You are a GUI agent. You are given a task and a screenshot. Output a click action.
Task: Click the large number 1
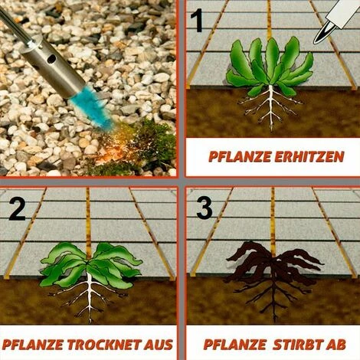[197, 20]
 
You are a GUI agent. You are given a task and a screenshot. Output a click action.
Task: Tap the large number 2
[18, 209]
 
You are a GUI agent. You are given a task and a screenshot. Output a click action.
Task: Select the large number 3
[205, 208]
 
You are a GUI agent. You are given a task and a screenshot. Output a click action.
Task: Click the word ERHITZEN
[309, 157]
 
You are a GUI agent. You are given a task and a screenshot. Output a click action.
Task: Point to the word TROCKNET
[103, 345]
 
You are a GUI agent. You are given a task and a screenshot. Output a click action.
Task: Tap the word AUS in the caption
[158, 345]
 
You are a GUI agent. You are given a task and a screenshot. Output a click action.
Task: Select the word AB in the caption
[335, 345]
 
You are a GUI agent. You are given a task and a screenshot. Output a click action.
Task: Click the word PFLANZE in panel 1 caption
[240, 157]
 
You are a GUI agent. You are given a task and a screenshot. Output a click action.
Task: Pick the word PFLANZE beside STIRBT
[235, 345]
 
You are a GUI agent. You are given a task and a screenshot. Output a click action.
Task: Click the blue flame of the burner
[91, 107]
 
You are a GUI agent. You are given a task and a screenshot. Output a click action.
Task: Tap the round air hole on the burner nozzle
[51, 59]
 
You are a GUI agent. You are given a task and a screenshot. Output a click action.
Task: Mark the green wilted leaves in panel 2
[90, 263]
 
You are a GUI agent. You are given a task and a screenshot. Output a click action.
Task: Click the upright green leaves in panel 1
[270, 65]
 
